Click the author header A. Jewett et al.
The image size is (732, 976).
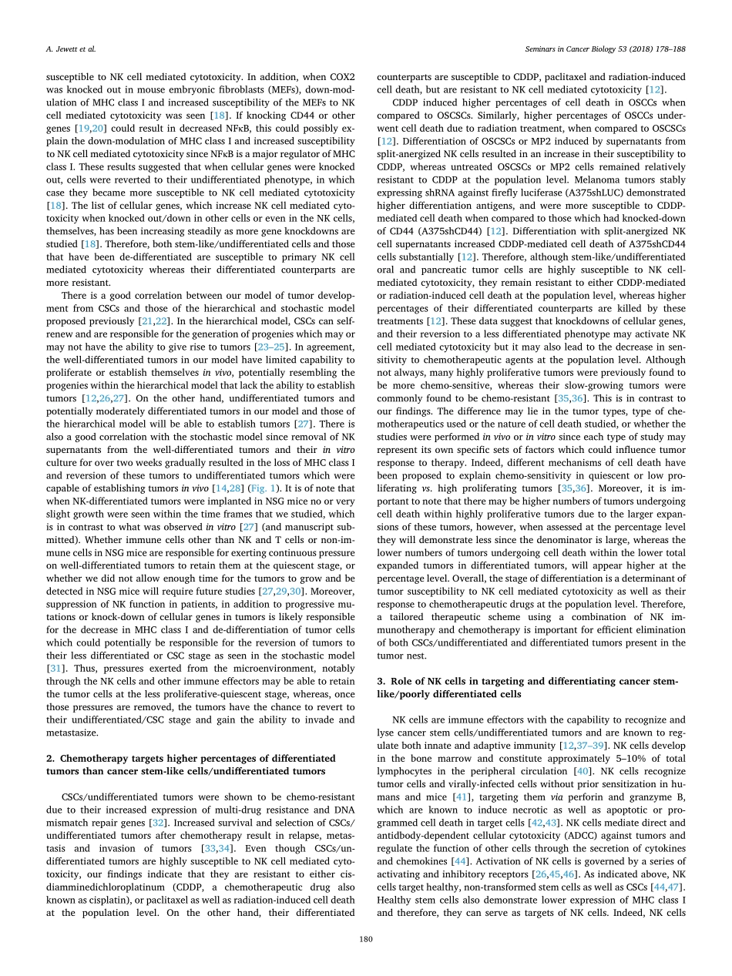58,49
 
